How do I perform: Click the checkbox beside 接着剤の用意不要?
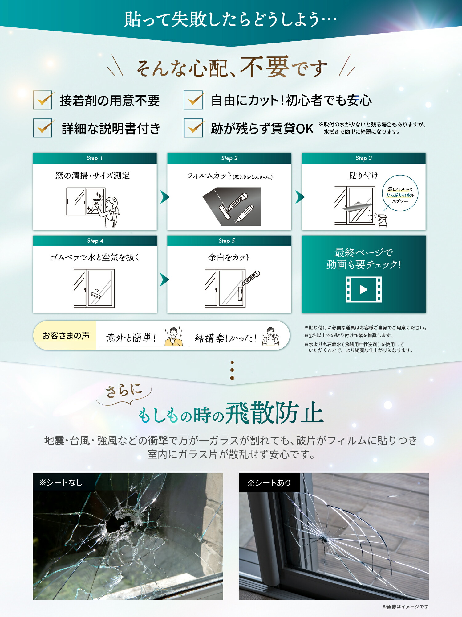tap(43, 100)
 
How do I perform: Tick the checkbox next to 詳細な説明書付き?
tap(43, 128)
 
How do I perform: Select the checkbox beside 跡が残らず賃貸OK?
tap(193, 128)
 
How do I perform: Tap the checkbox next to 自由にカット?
tap(193, 100)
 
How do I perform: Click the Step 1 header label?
tap(95, 158)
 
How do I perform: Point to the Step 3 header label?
tap(363, 158)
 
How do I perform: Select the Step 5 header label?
tap(227, 241)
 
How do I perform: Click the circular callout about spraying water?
tap(400, 193)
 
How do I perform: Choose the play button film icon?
tap(363, 289)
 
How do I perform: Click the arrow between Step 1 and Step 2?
tap(165, 197)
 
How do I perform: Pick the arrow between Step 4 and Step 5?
tap(164, 280)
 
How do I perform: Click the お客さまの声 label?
tap(66, 336)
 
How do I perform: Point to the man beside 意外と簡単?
tap(174, 336)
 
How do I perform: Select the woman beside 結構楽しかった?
tap(270, 336)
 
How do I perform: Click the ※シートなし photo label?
tap(61, 482)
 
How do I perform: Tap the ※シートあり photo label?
tap(269, 482)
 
